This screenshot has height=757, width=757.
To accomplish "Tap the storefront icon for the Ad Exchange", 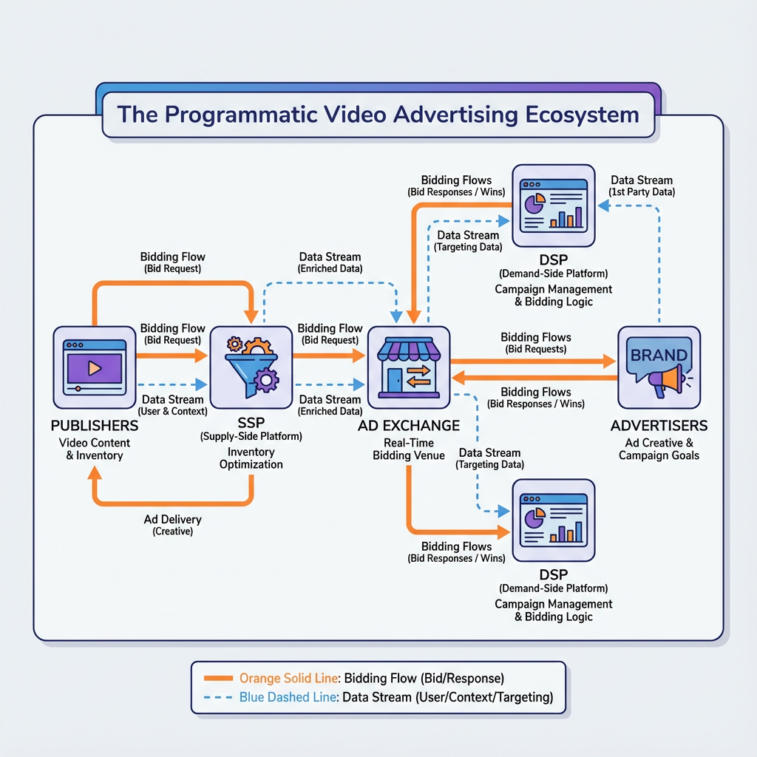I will (409, 367).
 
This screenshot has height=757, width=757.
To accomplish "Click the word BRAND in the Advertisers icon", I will (658, 355).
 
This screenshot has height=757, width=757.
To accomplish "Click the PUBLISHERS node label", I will (95, 426).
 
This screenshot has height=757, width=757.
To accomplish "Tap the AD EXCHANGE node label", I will (409, 426).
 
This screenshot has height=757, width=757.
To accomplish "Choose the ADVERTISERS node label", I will (659, 426).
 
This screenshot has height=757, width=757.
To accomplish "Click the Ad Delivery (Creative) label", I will (172, 525).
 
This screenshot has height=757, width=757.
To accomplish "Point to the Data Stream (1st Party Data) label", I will (642, 186).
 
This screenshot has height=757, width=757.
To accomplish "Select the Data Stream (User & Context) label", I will (173, 405).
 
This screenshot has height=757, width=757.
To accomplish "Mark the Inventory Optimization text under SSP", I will (251, 458).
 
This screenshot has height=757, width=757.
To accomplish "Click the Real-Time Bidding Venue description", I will (409, 449).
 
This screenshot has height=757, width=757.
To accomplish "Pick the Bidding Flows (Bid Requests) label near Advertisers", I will (535, 342).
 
